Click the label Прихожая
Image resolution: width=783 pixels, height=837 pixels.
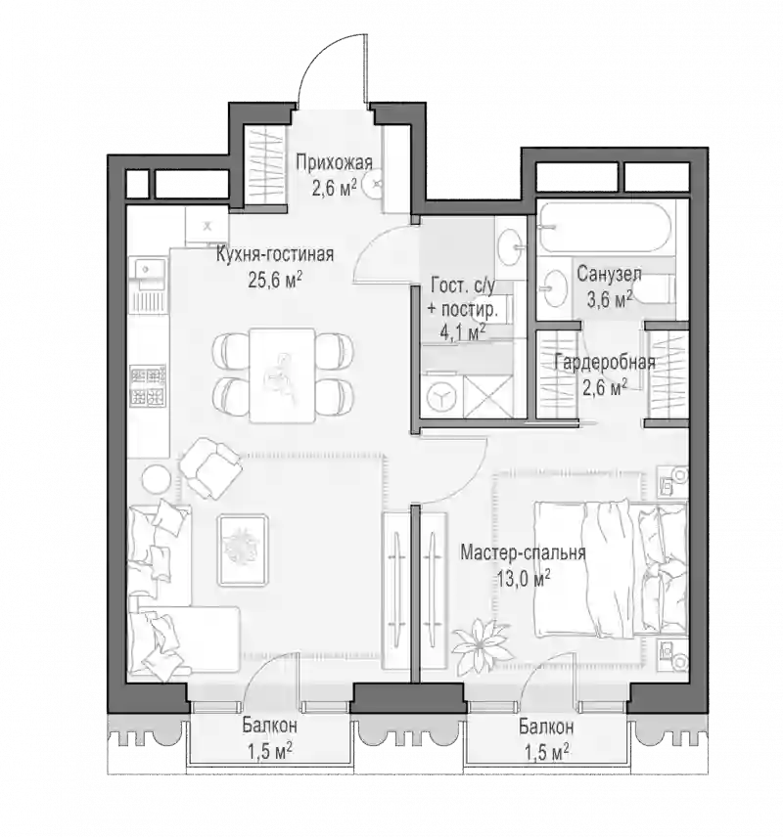[334, 162]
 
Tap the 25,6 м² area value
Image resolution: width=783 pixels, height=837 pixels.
[275, 280]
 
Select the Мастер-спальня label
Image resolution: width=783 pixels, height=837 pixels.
[523, 552]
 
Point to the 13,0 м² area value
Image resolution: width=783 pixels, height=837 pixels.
[524, 578]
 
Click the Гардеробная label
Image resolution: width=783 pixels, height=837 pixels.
[605, 363]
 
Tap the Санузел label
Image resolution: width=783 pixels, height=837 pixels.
[609, 275]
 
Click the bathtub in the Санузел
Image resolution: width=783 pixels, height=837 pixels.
[605, 227]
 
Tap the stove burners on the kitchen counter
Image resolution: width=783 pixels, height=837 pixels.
[148, 385]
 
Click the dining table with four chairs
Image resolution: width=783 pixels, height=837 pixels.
[282, 375]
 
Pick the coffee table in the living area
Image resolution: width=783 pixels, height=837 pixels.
[243, 551]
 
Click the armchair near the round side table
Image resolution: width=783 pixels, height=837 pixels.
[209, 467]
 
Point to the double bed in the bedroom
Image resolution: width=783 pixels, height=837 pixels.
[611, 568]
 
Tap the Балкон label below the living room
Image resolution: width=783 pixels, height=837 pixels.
[269, 726]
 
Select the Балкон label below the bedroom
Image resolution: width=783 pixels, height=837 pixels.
[546, 727]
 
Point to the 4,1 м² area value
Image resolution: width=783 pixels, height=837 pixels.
[463, 332]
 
